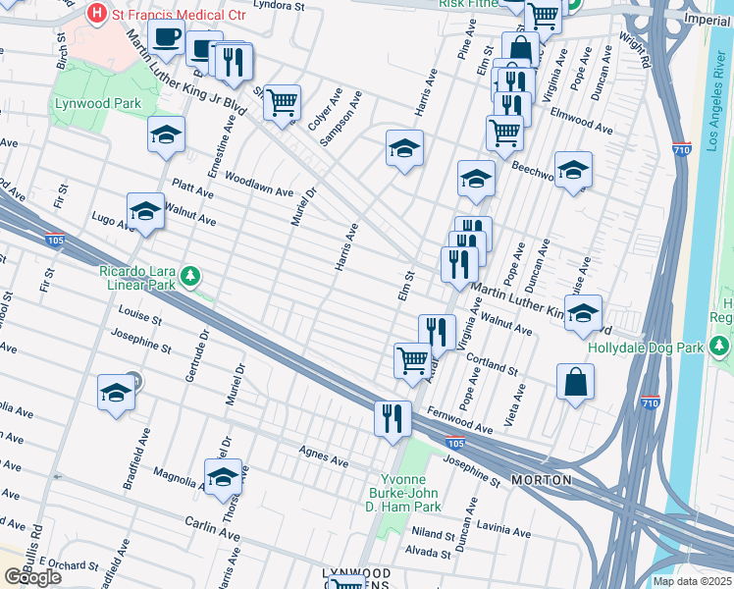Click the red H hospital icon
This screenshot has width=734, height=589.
point(97,13)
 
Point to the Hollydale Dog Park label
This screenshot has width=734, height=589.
point(646,348)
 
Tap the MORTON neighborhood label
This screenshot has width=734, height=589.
point(542,480)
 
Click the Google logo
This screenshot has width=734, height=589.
point(32,577)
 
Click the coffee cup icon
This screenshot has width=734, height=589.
point(166,37)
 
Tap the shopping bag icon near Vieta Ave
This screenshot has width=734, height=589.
point(575,382)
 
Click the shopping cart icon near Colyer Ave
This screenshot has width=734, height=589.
point(282,101)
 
